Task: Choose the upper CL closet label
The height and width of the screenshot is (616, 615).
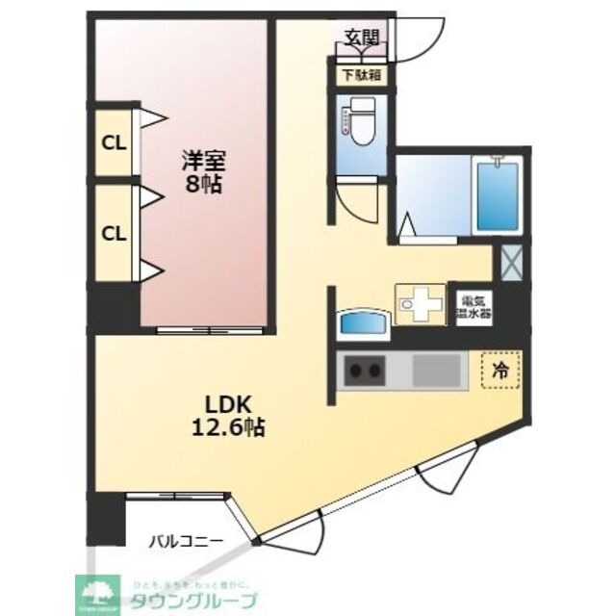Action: [114, 144]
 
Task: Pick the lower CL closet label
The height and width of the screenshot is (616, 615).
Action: [114, 233]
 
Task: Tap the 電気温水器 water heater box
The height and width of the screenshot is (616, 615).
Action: [473, 305]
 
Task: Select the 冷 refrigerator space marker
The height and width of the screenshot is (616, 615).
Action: [500, 369]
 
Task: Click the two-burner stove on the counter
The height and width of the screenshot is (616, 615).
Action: [365, 370]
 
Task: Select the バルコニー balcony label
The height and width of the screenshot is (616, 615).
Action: [186, 541]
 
